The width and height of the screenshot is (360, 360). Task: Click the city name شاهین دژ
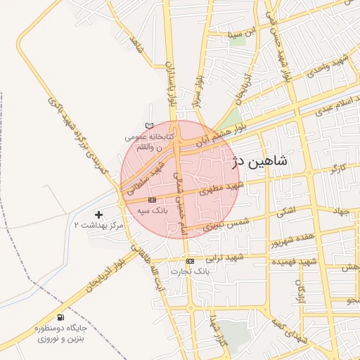269,162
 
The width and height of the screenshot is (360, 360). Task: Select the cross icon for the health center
98,214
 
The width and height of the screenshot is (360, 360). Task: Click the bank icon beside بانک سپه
153,200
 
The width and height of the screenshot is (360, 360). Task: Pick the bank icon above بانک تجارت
191,260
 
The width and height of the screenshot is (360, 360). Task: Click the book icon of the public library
148,125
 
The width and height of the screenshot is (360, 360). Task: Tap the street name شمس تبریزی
219,223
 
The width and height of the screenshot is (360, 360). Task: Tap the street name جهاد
341,210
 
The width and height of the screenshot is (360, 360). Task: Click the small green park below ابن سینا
238,40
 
